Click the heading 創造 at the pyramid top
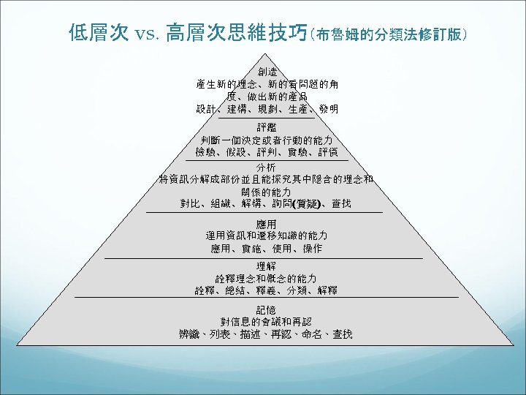(267, 72)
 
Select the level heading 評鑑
(267, 127)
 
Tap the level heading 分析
(267, 168)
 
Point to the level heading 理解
(267, 266)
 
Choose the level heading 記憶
(267, 309)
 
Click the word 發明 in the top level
(327, 110)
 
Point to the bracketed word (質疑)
(310, 203)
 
